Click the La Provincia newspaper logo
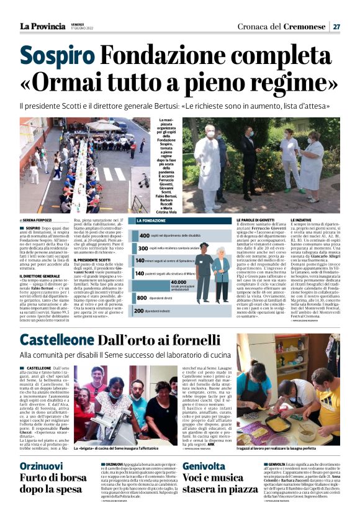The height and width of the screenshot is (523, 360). tap(42, 26)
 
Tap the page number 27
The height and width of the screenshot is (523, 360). tap(336, 26)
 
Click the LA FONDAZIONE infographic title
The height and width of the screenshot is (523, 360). tap(151, 221)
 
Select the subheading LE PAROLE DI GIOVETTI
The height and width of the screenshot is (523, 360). tap(255, 221)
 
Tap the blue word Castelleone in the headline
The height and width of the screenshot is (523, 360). tap(58, 340)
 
